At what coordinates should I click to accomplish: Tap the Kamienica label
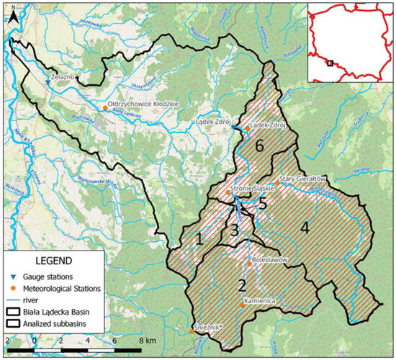(261, 300)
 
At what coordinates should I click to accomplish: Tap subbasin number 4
(305, 228)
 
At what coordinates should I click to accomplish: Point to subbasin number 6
(261, 146)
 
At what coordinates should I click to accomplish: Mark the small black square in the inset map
(331, 63)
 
